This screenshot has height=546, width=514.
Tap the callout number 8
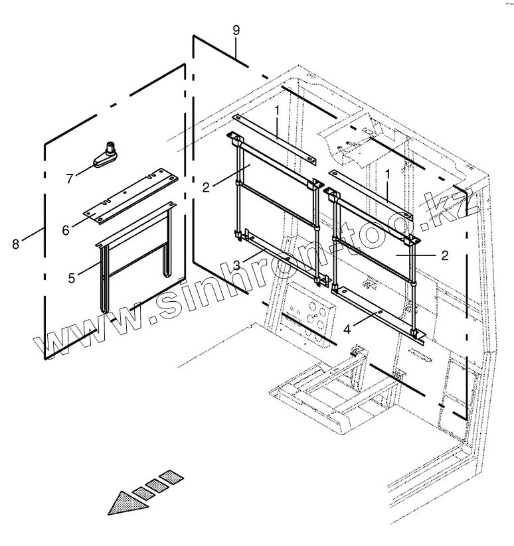15,243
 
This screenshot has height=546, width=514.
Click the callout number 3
236,265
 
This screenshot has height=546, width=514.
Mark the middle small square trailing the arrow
157,485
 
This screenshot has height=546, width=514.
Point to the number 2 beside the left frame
206,187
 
